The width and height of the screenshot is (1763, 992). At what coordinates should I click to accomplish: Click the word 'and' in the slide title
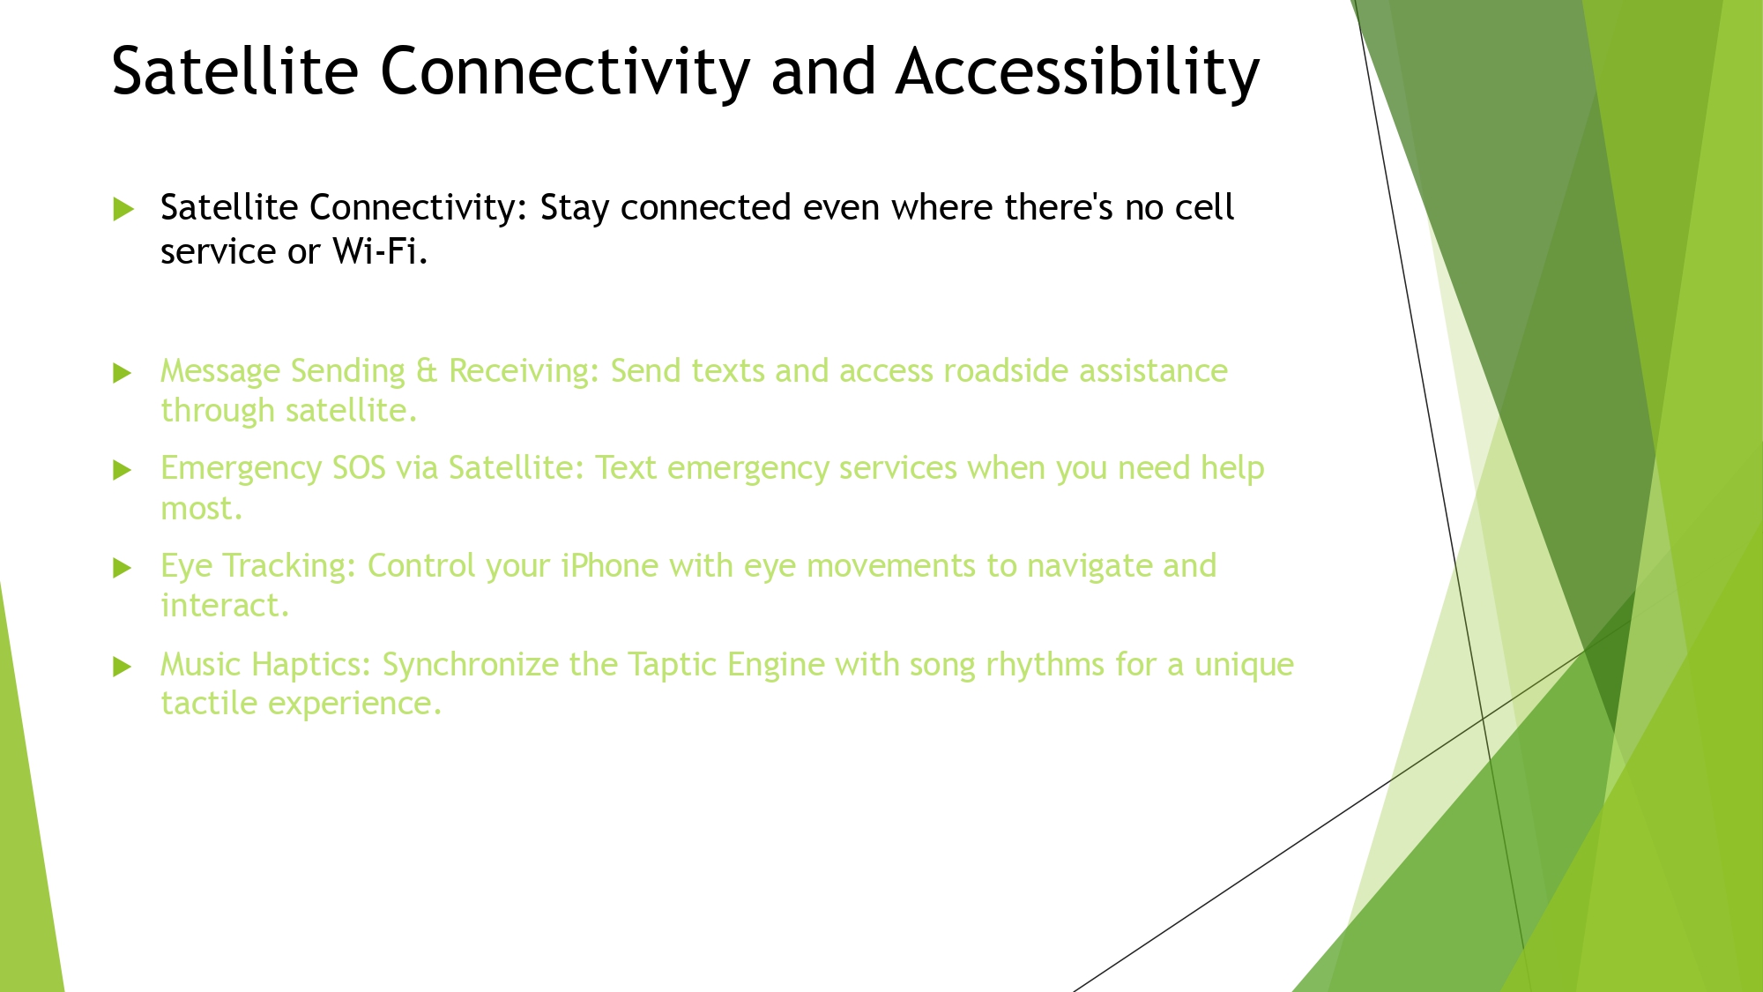tap(823, 71)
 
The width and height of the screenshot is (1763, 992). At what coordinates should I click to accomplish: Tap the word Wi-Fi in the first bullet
tap(380, 251)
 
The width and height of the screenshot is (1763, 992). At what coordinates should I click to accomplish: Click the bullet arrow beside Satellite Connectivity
tap(123, 209)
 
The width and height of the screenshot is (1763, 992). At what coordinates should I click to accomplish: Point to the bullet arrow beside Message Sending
tap(123, 373)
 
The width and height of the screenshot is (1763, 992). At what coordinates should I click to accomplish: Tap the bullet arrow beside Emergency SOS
tap(123, 470)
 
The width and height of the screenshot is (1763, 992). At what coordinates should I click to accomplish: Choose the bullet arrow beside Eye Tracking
tap(123, 568)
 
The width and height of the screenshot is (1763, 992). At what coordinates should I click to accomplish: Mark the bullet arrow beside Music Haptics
tap(123, 667)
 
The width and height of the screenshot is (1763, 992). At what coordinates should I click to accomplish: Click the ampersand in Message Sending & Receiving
tap(427, 371)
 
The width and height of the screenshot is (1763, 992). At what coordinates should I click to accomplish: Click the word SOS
tap(359, 468)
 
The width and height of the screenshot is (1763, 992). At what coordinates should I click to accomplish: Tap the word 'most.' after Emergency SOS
tap(201, 509)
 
